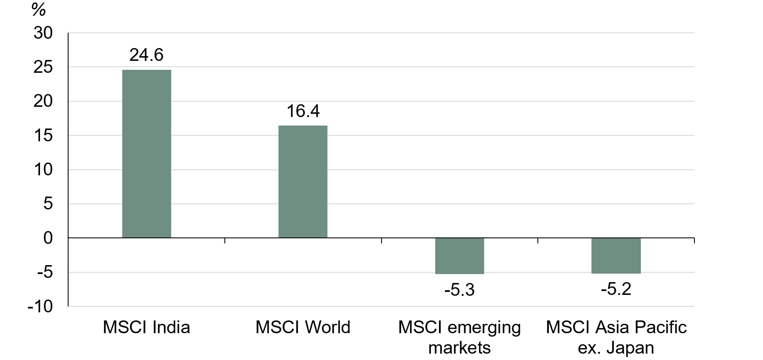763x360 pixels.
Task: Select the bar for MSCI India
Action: point(146,154)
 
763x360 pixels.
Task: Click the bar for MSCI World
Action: point(303,182)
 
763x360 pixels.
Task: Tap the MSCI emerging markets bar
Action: point(459,256)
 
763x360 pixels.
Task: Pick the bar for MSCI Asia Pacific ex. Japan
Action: point(616,255)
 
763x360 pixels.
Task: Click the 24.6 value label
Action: point(146,55)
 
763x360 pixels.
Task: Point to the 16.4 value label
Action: point(303,111)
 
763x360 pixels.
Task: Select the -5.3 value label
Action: point(459,290)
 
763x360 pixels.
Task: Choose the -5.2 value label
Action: point(616,289)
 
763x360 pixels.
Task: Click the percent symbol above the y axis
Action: point(38,9)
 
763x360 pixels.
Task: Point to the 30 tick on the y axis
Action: point(43,33)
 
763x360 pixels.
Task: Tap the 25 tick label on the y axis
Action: point(43,67)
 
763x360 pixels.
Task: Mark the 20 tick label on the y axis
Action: point(43,101)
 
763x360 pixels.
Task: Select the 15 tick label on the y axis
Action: point(43,135)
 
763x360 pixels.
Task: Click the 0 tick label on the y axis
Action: point(48,238)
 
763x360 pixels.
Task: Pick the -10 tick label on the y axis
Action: point(40,306)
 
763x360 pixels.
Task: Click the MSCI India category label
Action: point(146,327)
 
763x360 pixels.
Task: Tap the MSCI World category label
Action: point(303,327)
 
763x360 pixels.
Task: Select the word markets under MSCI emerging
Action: point(459,348)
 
